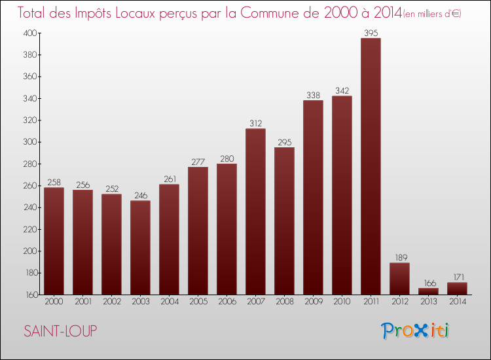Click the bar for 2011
371,166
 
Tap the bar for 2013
428,291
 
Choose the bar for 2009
313,197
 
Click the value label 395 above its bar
371,33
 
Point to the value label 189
399,257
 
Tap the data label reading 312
255,123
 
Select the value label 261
169,179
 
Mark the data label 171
457,277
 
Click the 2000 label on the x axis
54,302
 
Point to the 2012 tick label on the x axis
399,302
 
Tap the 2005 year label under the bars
198,302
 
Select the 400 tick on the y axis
30,33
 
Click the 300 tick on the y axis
30,142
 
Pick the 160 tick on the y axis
30,295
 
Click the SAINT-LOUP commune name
60,331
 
